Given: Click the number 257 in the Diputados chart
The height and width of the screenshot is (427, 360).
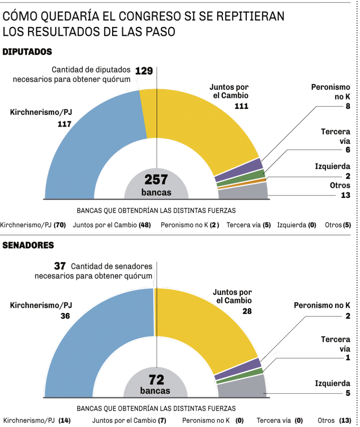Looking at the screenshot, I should click(156, 180).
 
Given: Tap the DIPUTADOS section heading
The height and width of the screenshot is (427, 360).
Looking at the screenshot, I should click(27, 52).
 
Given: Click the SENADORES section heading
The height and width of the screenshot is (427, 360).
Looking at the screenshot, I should click(28, 245).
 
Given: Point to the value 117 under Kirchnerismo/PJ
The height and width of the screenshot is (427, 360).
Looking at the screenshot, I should click(65, 124).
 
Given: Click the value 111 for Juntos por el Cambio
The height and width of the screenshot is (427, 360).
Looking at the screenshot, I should click(241, 106).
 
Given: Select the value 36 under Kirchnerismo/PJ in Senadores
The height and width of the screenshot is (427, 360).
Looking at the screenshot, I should click(65, 316).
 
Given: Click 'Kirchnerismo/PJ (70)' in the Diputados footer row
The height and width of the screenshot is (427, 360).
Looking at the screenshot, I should click(33, 225).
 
